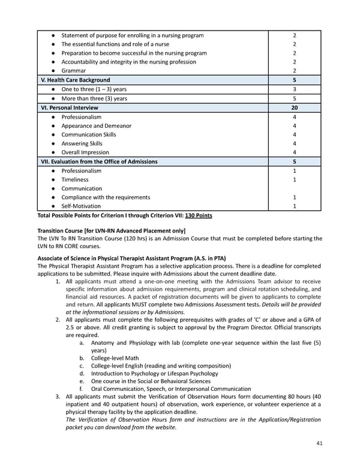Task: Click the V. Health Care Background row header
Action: (x=75, y=80)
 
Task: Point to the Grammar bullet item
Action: (x=74, y=70)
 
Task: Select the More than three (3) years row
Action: (x=94, y=98)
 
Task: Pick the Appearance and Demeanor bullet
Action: (x=96, y=126)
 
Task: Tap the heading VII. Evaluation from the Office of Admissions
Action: (x=99, y=161)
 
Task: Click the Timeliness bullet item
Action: (x=75, y=179)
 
